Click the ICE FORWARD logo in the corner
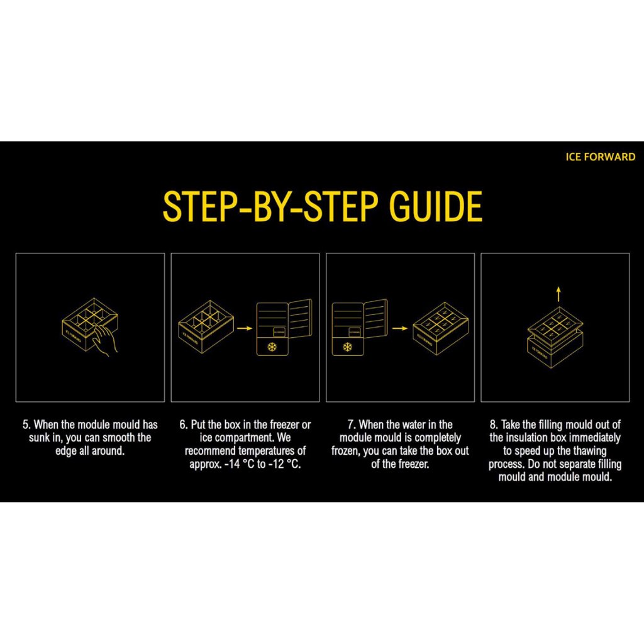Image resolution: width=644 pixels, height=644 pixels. (600, 157)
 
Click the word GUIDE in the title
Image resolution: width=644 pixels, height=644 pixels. (435, 206)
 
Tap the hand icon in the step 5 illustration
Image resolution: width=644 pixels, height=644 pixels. (105, 340)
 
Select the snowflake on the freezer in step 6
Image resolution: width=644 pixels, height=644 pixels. (272, 347)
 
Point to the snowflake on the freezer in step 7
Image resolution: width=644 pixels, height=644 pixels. (347, 347)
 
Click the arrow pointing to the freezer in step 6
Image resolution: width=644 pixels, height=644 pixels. (245, 328)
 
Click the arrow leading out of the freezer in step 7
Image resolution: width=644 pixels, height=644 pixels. (399, 328)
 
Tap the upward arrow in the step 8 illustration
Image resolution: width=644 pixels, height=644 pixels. (558, 294)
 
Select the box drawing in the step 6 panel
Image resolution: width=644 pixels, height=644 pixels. (206, 326)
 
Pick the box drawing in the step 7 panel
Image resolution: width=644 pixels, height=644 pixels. (440, 328)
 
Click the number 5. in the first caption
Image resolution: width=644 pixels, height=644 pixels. (26, 425)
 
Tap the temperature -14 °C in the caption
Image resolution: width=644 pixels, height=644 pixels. (240, 464)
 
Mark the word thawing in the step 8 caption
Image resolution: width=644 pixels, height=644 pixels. (589, 451)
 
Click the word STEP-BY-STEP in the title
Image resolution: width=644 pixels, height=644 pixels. (270, 206)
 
